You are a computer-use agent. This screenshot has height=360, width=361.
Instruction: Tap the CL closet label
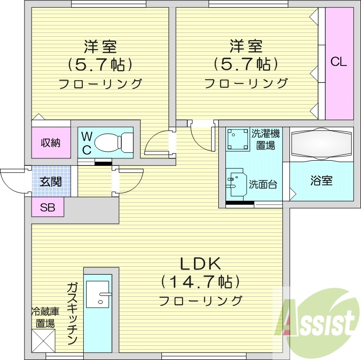pos(338,62)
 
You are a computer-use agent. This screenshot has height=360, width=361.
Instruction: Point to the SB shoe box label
pos(48,207)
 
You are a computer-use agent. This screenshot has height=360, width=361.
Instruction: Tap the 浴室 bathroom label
pos(321,180)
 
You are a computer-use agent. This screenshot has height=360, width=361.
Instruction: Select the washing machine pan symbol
pos(238,139)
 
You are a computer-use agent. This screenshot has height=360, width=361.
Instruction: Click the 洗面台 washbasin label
pos(263,184)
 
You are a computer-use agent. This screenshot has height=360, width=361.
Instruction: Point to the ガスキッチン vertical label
pos(72,314)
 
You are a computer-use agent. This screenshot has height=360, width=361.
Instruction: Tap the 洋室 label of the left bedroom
pos(100,47)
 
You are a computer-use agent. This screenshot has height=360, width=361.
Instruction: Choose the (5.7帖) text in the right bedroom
pos(245,63)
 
